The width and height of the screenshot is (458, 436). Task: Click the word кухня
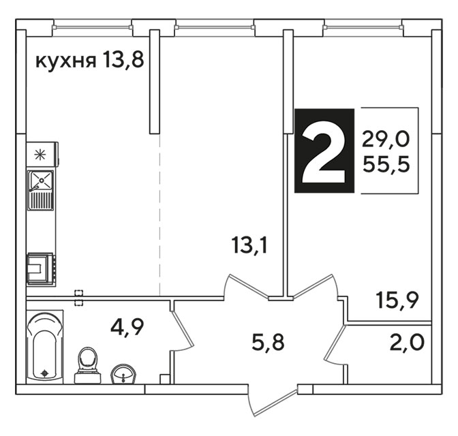click(65, 61)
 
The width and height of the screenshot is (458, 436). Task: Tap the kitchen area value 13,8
click(123, 61)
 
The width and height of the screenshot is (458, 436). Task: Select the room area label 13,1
click(249, 246)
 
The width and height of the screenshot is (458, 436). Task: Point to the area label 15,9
click(398, 300)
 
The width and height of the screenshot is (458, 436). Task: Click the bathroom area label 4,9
click(127, 328)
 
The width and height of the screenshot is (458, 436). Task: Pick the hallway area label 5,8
click(268, 343)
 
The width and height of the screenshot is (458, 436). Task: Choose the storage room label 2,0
click(407, 342)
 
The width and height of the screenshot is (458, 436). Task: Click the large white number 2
click(324, 151)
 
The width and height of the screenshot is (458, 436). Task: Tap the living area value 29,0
click(386, 139)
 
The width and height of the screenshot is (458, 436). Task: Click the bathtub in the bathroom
click(45, 346)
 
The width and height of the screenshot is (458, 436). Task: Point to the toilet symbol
click(87, 365)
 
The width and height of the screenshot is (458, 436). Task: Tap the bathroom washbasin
click(124, 374)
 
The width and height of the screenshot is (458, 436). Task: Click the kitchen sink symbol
click(41, 190)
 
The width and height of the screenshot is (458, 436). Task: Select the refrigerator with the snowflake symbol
click(42, 155)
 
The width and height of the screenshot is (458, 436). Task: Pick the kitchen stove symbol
click(41, 269)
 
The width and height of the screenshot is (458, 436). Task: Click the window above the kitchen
click(93, 27)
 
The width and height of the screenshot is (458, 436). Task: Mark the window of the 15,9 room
click(363, 27)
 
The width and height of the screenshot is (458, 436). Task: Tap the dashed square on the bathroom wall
click(78, 298)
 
